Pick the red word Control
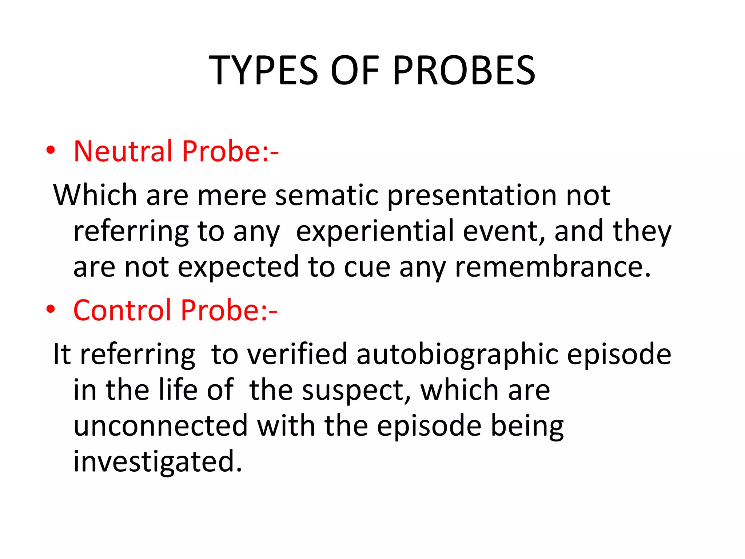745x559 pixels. [x=122, y=310]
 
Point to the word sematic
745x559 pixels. [x=327, y=195]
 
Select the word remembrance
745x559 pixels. [x=553, y=267]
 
